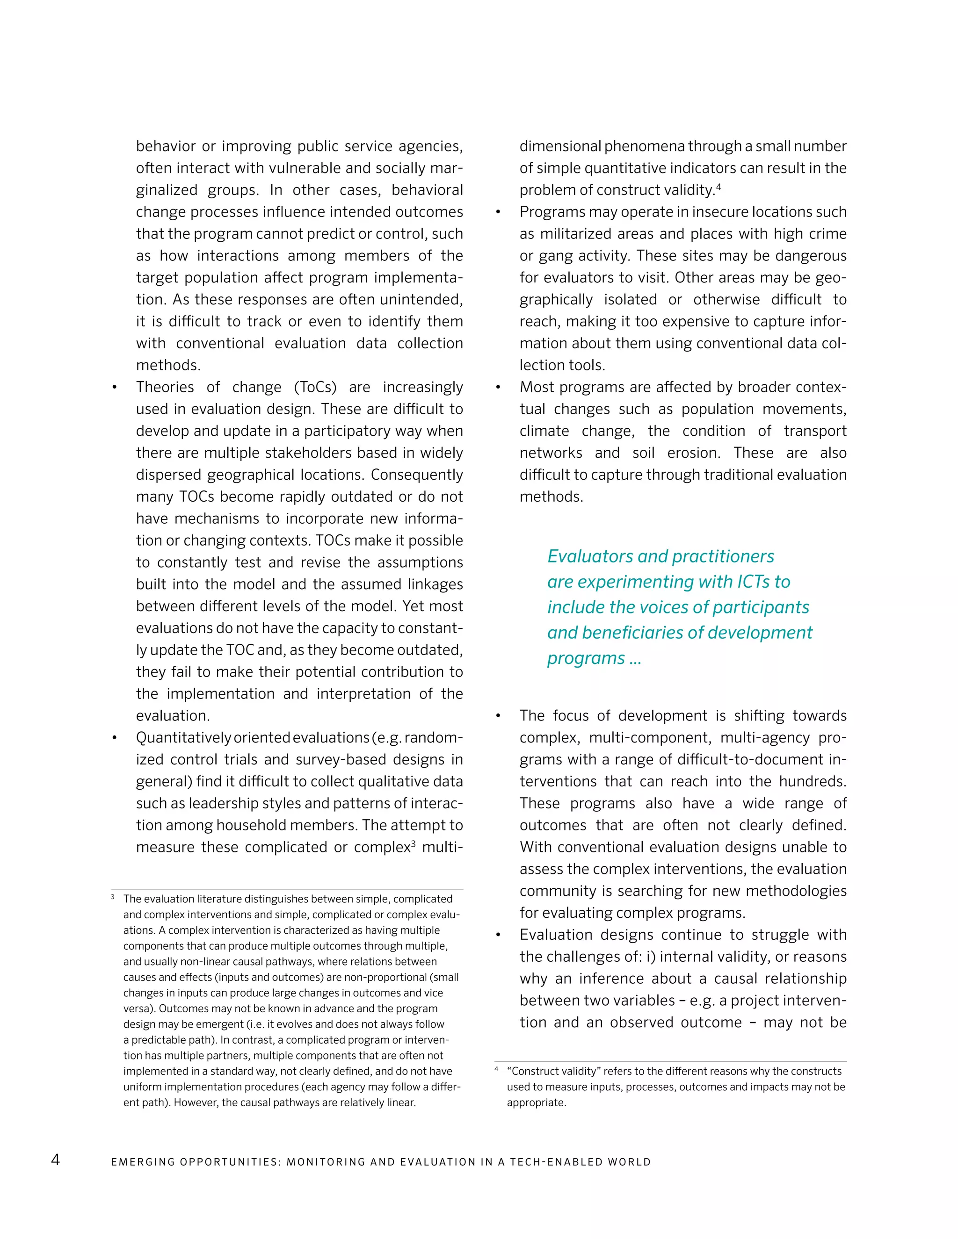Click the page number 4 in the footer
click(x=55, y=1160)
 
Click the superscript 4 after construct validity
click(x=718, y=186)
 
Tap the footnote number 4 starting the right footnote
click(x=497, y=1069)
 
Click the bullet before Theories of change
click(x=115, y=388)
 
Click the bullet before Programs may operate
click(x=498, y=212)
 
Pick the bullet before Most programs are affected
click(x=498, y=388)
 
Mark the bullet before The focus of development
click(x=498, y=716)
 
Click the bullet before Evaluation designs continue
click(x=498, y=935)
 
